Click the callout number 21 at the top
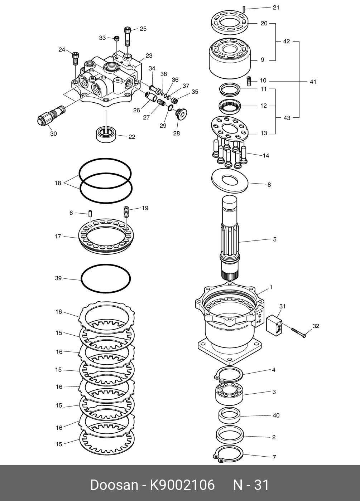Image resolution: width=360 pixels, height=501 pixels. point(276,8)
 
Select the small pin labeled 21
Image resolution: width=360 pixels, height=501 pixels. point(244,9)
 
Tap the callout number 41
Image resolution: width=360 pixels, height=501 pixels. point(313,82)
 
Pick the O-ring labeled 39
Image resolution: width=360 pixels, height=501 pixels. point(106,279)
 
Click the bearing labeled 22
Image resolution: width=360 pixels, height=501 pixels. point(106,133)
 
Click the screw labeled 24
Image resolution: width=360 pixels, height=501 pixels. point(75,58)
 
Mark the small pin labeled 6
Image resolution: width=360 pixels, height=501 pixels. point(90,214)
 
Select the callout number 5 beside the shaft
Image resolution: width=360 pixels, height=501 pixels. point(275,239)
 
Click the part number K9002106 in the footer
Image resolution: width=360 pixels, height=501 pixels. point(182,485)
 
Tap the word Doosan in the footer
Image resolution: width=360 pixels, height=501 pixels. point(114,485)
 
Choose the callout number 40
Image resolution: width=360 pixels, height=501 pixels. point(276,415)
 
